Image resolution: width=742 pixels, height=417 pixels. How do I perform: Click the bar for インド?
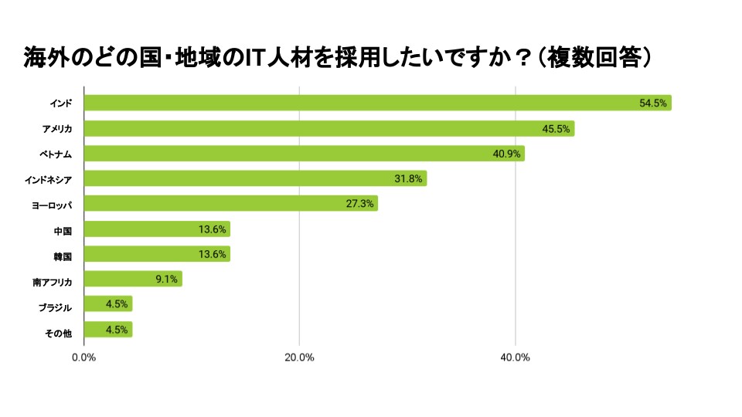[377, 103]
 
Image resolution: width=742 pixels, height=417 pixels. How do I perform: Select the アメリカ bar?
[328, 128]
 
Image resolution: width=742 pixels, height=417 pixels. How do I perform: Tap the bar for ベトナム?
[304, 154]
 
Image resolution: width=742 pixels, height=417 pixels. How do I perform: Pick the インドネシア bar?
[255, 179]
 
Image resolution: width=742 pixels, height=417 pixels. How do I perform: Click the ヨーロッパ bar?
[230, 204]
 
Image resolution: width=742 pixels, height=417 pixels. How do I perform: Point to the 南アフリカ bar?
[132, 280]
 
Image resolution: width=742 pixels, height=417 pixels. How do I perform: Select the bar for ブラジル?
[107, 304]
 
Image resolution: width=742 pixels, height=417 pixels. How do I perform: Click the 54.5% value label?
[653, 103]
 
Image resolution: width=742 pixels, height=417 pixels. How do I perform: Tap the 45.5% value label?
[556, 129]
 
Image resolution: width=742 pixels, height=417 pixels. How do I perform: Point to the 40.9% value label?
[506, 154]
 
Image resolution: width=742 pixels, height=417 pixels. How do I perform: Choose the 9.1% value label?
[167, 280]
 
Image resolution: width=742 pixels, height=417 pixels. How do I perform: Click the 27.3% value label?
[359, 205]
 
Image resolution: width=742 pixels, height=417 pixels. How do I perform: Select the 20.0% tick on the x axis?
[299, 358]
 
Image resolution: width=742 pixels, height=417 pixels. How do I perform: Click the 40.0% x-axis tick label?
[515, 358]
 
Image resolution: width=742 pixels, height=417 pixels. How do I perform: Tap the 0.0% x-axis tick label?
[83, 358]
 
